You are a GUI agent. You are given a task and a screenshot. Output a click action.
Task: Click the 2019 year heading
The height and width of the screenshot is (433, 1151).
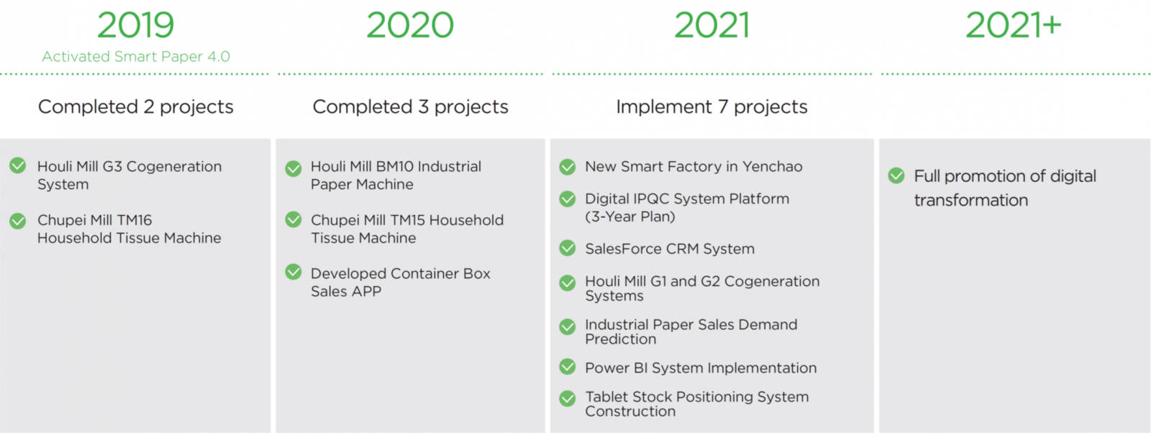[x=136, y=25]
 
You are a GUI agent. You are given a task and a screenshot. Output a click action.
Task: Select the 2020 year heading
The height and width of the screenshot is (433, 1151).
[x=410, y=25]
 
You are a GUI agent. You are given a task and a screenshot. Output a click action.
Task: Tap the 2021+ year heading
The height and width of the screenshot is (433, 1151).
[x=1014, y=25]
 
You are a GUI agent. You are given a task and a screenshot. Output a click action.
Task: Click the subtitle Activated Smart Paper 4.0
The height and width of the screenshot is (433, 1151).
[x=136, y=56]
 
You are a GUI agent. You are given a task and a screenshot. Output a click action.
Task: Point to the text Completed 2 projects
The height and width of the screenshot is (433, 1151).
[x=136, y=107]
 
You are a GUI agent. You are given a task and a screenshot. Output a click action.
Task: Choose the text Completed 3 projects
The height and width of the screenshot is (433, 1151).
[x=410, y=107]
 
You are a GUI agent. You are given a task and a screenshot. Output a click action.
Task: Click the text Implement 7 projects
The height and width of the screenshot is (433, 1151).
[x=711, y=107]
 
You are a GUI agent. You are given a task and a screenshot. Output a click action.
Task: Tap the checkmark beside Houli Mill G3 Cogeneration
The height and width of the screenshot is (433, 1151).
[x=18, y=165]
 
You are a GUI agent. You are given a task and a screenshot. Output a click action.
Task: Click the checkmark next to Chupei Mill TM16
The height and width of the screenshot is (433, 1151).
[x=18, y=221]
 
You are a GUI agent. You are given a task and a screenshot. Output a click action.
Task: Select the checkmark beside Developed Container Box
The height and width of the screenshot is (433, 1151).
[x=294, y=272]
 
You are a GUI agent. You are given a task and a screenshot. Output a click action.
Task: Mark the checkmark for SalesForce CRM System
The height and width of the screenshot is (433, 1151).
[x=568, y=248]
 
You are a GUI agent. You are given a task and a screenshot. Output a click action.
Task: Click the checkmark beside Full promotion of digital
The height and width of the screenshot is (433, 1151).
[x=896, y=176]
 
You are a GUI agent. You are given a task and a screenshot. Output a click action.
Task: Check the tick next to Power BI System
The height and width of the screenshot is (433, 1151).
[x=568, y=367]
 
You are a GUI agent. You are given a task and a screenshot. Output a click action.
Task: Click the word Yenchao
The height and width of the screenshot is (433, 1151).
[x=773, y=166]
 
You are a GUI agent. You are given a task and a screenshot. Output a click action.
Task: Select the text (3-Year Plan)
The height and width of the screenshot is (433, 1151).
[x=630, y=216]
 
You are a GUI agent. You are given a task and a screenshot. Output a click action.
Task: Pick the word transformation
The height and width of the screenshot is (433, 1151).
[x=970, y=200]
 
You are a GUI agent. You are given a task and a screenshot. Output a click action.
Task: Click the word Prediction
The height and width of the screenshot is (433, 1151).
[x=621, y=339]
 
